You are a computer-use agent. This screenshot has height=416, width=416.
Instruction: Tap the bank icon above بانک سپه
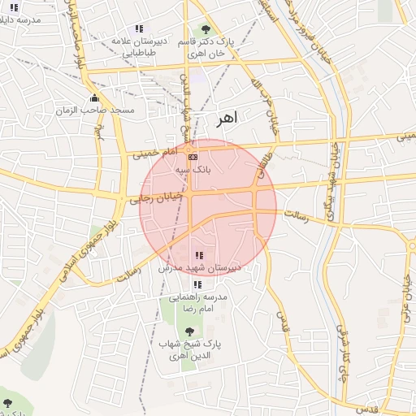(193, 157)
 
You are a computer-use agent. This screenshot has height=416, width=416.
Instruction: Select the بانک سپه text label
(193, 170)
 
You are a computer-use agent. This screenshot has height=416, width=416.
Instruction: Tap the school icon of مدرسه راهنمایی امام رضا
(197, 285)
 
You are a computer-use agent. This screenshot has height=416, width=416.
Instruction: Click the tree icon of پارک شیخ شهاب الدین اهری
(190, 331)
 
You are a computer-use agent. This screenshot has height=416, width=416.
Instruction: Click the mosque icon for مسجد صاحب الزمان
(94, 98)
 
